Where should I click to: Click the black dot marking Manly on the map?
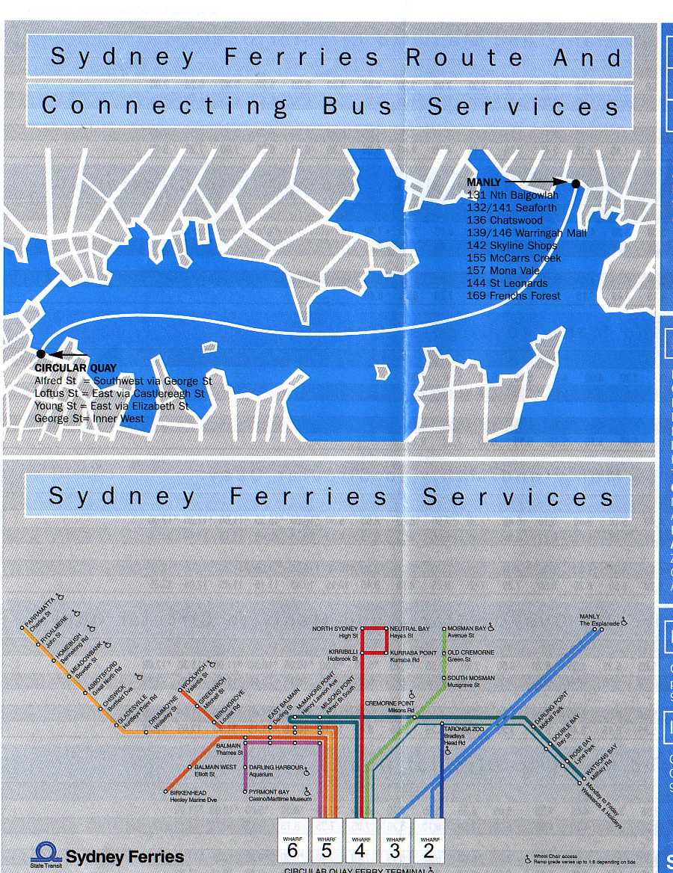point(576,184)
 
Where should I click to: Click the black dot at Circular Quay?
point(40,354)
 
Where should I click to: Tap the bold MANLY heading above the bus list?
point(484,182)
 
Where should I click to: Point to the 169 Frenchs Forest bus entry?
point(514,295)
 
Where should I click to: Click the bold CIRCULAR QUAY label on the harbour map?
point(76,368)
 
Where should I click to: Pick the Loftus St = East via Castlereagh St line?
point(120,393)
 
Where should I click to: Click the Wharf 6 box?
point(292,841)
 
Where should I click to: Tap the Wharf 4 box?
point(360,841)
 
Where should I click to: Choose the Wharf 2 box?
point(429,841)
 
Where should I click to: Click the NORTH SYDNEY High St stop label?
point(335,632)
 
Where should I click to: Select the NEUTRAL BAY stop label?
point(410,632)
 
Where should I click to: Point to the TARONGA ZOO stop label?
point(464,732)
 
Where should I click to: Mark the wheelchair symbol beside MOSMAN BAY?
point(492,629)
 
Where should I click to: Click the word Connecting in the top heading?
point(165,106)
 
